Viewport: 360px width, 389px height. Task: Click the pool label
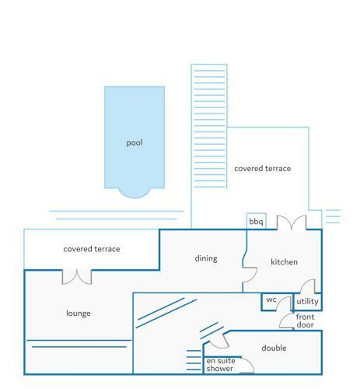click(135, 143)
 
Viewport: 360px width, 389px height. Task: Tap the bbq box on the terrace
click(257, 221)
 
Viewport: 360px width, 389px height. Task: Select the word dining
click(206, 258)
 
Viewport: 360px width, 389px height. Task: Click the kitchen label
click(284, 262)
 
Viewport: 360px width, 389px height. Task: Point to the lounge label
click(79, 314)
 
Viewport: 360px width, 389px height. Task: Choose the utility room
click(308, 302)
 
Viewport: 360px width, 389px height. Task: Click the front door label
click(305, 321)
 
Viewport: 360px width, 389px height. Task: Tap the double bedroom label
click(274, 348)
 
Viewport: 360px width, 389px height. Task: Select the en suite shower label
click(221, 365)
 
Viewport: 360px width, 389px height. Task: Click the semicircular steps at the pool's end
click(135, 193)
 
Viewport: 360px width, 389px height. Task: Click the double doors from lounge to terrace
click(77, 277)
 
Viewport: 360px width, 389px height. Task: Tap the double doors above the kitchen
click(292, 223)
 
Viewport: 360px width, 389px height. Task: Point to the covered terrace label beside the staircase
click(263, 169)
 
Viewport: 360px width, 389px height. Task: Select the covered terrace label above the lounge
click(92, 249)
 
